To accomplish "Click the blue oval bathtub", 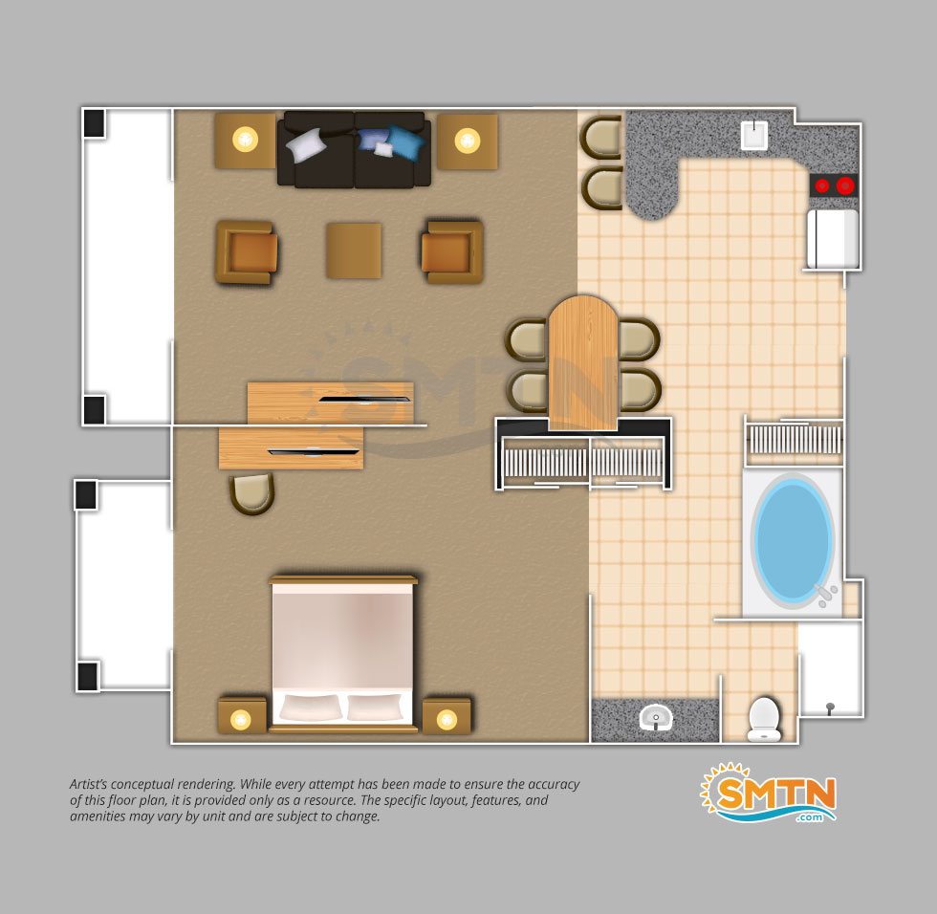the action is coord(793,540).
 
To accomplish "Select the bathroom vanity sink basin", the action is coord(656,716).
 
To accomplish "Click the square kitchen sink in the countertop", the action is coord(754,135).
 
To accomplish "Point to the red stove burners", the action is coord(834,185).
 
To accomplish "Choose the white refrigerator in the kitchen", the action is coord(833,238).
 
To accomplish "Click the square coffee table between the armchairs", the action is coord(354,250).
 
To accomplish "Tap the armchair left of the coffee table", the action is coord(247,252).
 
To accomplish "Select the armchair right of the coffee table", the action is coord(452,252).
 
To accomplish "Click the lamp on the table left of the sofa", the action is coord(245,140).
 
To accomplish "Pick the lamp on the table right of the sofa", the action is coord(468,141).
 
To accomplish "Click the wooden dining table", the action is coord(583,362).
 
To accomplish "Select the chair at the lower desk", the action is coord(251,493).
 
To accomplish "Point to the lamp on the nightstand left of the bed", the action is coord(241,719).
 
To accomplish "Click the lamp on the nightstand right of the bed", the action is coord(447,719).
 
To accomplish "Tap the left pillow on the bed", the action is coord(311,707).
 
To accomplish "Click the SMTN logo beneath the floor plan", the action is coord(769,793).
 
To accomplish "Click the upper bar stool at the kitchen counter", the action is coord(600,137).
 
